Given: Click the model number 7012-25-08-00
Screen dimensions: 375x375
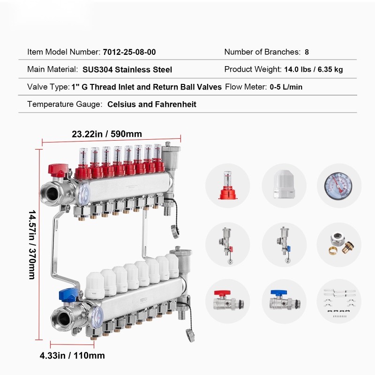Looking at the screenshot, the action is [x=129, y=52].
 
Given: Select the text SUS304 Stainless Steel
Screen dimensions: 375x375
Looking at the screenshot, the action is [x=127, y=69].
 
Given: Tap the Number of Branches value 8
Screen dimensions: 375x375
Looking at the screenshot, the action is [x=307, y=52].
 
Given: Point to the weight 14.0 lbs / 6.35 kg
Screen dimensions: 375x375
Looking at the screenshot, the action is [x=314, y=69].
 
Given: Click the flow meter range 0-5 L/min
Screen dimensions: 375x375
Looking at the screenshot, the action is [x=286, y=87].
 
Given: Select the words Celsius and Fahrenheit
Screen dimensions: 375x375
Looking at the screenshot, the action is [x=152, y=104].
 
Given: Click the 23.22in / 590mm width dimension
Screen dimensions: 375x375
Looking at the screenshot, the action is [x=107, y=134].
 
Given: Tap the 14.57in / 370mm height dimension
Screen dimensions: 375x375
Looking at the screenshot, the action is [x=32, y=245].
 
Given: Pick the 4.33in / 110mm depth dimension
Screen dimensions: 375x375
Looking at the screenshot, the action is [x=72, y=355].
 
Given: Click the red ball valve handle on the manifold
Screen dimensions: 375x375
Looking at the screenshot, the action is [x=58, y=169].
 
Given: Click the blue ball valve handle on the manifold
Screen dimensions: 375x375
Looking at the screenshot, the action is [x=68, y=294].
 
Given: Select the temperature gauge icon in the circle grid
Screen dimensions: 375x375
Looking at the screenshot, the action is [x=338, y=186].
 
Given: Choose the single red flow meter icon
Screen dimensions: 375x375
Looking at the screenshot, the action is [x=228, y=185].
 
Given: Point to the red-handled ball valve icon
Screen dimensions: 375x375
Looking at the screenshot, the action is [x=228, y=301].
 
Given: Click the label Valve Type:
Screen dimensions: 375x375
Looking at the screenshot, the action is [x=48, y=87].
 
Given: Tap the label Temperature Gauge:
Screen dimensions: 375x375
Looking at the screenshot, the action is [x=65, y=104].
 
